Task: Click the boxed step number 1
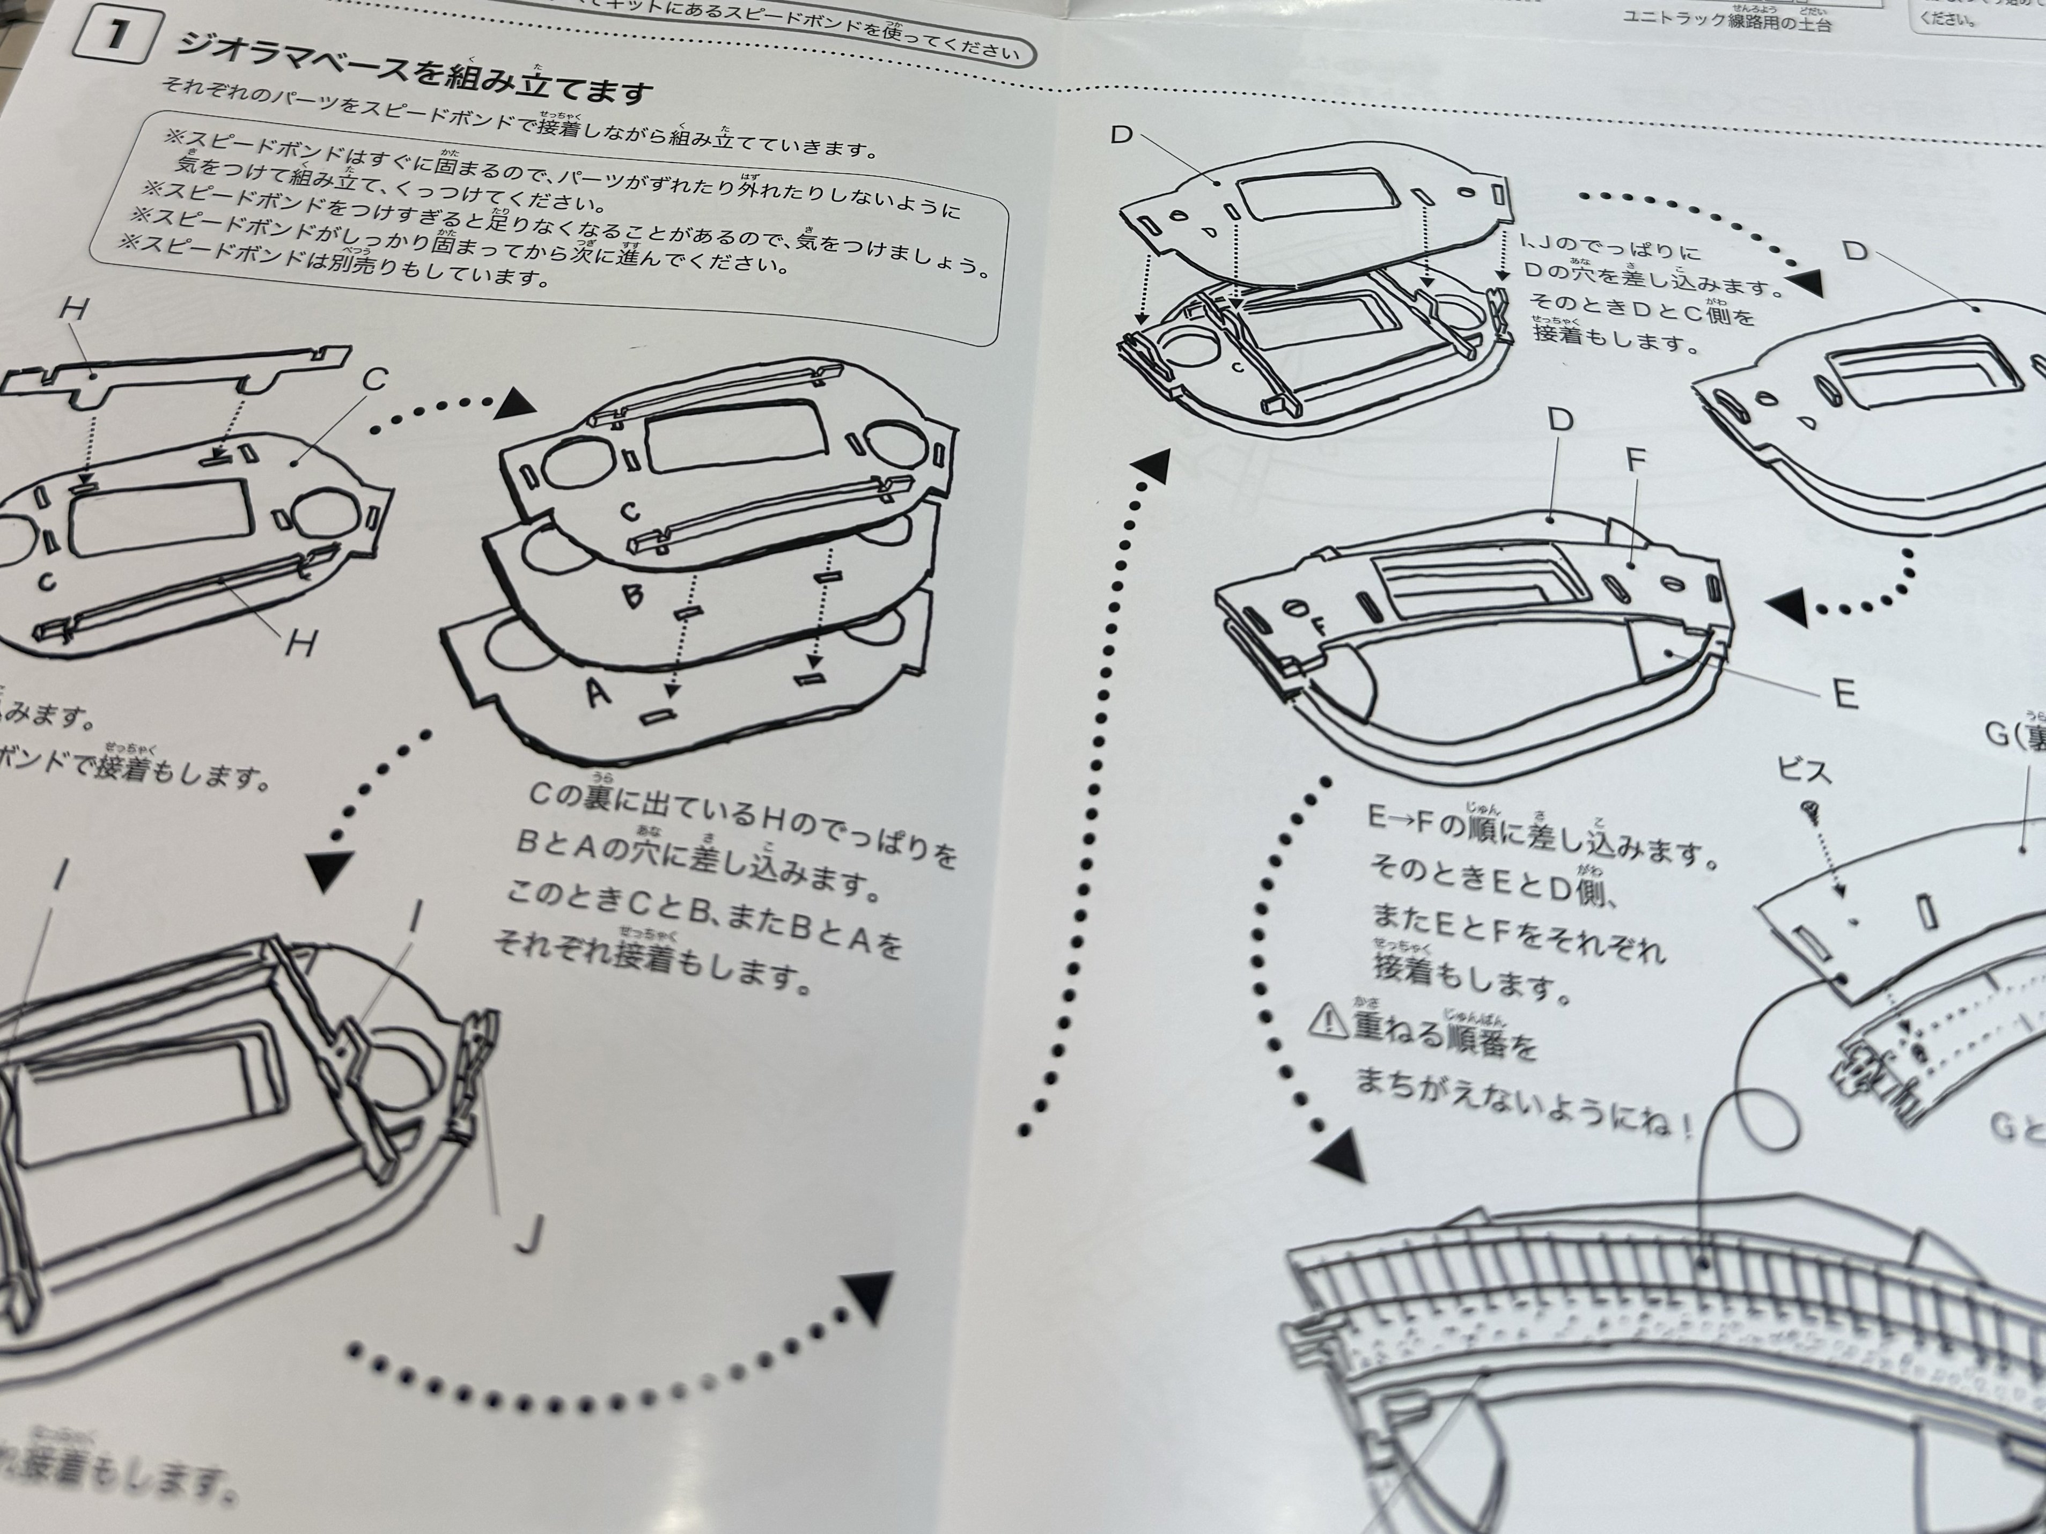115,35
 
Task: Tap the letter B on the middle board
632,596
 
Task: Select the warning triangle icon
1328,1019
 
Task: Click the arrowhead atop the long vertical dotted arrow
1152,467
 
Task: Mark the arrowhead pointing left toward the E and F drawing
1786,608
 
